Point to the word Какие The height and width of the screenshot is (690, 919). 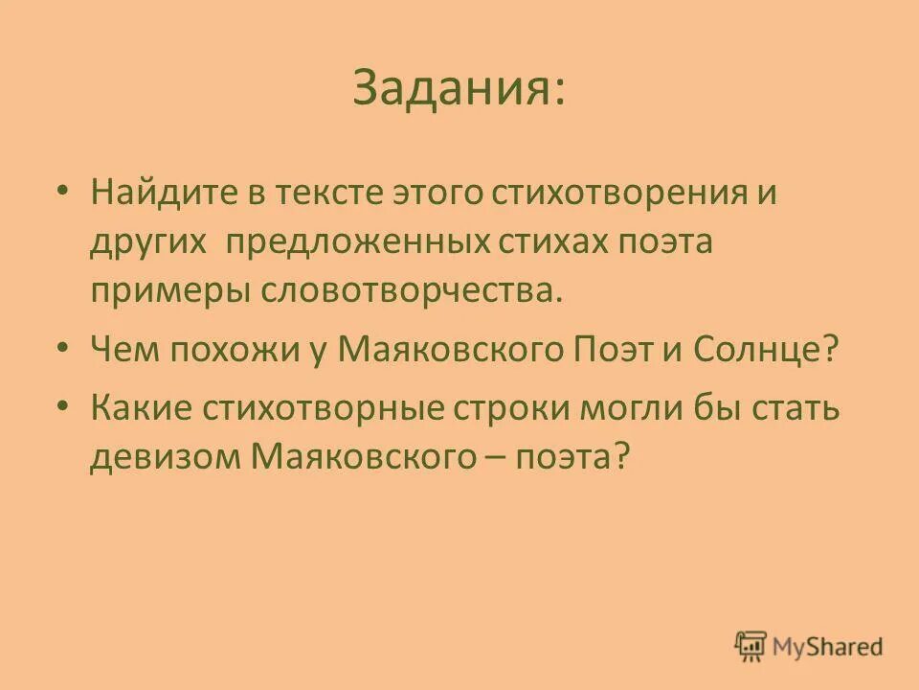(140, 408)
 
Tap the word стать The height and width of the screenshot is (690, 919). (796, 408)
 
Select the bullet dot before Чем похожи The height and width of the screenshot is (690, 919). (62, 350)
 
